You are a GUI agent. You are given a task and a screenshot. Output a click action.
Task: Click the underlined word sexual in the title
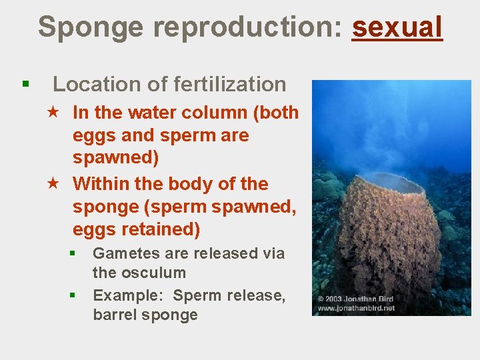[397, 28]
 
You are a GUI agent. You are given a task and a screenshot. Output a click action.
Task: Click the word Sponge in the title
[90, 28]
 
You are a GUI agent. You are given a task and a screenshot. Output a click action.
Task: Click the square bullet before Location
[25, 85]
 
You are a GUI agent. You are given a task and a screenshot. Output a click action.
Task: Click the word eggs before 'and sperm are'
[93, 135]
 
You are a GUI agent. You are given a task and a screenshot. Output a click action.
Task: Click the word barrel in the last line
[115, 315]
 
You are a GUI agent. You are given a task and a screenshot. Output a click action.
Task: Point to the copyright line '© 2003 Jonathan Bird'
[355, 299]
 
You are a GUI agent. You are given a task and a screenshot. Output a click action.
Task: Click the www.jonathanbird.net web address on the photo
[356, 308]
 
